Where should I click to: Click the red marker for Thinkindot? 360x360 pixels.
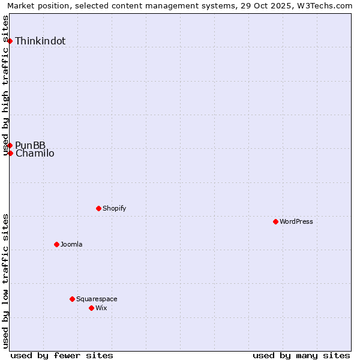[10, 41]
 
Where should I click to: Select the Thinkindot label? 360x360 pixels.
[40, 41]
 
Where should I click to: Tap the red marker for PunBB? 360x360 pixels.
[10, 145]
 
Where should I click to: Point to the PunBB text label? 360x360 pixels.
[30, 145]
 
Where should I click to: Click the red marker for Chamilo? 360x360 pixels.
[10, 153]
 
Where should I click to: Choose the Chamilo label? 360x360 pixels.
[35, 154]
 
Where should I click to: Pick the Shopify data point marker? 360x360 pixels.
[98, 208]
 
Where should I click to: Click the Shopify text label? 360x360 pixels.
[114, 208]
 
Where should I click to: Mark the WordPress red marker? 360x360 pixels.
[275, 221]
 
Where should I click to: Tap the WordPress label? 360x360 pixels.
[296, 221]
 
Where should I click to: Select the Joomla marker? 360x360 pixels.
[56, 244]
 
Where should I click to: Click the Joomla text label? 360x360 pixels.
[71, 244]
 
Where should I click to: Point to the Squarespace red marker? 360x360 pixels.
[72, 299]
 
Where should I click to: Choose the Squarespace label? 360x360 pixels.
[97, 299]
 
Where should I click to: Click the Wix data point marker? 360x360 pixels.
[91, 308]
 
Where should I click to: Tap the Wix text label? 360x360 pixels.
[101, 308]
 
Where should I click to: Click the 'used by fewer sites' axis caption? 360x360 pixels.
[62, 355]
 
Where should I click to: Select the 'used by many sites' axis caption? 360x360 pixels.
[301, 355]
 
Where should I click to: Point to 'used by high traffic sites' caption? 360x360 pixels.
[6, 85]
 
